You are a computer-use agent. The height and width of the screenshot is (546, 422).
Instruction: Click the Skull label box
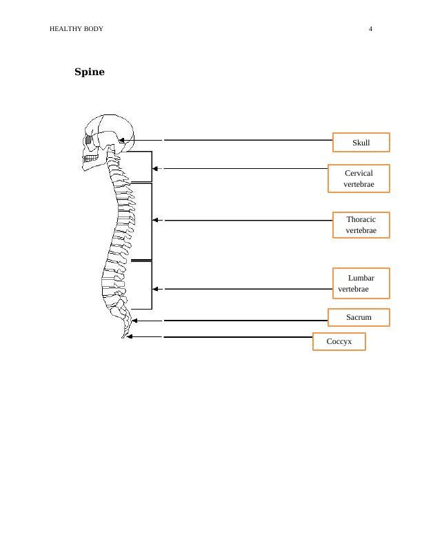click(x=361, y=143)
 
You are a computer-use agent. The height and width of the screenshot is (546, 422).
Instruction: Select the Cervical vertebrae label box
click(x=359, y=179)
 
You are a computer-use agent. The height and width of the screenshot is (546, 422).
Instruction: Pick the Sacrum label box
click(x=359, y=317)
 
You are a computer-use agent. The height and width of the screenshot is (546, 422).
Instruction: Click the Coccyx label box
click(x=339, y=341)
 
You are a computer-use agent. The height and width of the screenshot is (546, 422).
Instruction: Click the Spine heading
click(x=90, y=72)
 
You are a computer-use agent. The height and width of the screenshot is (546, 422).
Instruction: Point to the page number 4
click(x=370, y=29)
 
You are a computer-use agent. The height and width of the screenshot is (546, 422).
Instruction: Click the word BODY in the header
click(x=94, y=29)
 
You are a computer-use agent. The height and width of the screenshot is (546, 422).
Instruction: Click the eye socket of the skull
click(x=89, y=140)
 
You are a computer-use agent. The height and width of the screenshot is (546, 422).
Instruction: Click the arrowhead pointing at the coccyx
click(x=130, y=337)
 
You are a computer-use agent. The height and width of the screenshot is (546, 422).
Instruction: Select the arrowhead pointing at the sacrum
click(x=134, y=321)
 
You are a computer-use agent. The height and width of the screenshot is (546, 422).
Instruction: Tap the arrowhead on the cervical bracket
click(x=156, y=168)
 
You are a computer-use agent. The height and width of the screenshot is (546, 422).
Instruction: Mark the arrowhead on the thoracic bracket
click(x=156, y=220)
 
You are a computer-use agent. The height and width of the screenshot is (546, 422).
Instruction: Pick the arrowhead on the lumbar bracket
click(x=156, y=289)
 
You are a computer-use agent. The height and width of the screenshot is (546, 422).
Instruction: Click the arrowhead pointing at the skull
click(x=121, y=140)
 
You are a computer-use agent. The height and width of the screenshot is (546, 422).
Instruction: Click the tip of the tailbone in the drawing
click(x=124, y=337)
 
